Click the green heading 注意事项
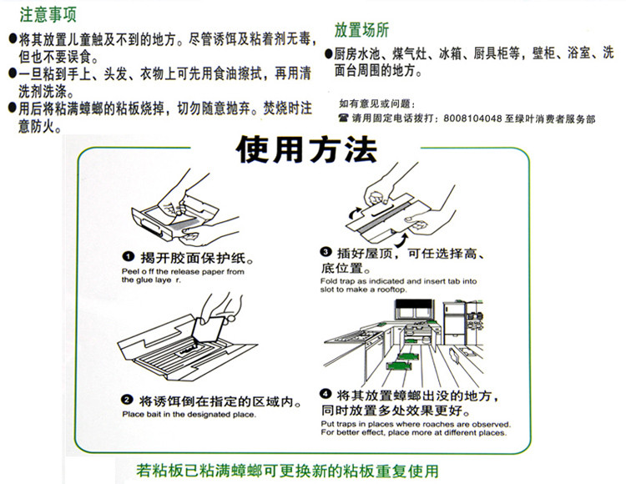48,15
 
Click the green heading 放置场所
361,30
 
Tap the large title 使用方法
306,149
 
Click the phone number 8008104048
472,118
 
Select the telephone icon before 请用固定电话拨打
343,118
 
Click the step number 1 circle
128,257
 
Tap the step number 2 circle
127,400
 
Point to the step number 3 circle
326,252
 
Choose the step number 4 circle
326,394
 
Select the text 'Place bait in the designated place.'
189,415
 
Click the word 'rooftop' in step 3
391,290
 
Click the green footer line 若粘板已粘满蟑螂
287,471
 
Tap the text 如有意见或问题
376,104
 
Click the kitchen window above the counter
414,310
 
